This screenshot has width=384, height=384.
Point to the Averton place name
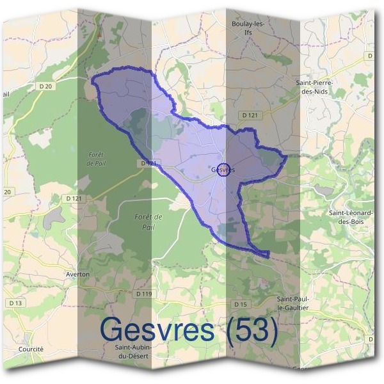(x=77, y=274)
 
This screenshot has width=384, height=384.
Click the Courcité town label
(x=31, y=349)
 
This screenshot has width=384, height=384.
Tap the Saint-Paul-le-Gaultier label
(x=292, y=303)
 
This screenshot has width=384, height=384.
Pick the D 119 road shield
(x=145, y=293)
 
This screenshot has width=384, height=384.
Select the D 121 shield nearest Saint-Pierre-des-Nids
(x=250, y=115)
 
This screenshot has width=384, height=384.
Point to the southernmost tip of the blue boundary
(x=268, y=257)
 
